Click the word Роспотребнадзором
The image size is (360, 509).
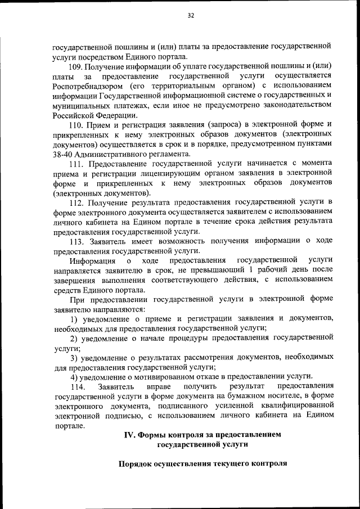(x=85, y=85)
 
